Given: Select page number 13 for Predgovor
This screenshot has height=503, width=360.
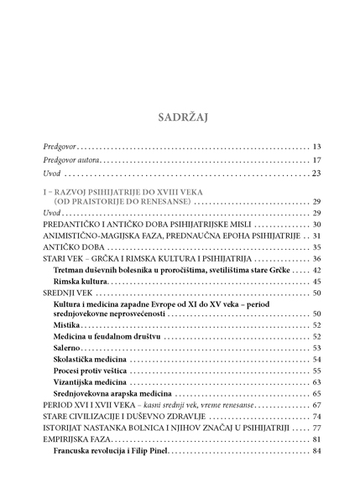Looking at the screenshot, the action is coord(316,147).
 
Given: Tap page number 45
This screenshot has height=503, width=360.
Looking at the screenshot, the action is coord(316,282).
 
